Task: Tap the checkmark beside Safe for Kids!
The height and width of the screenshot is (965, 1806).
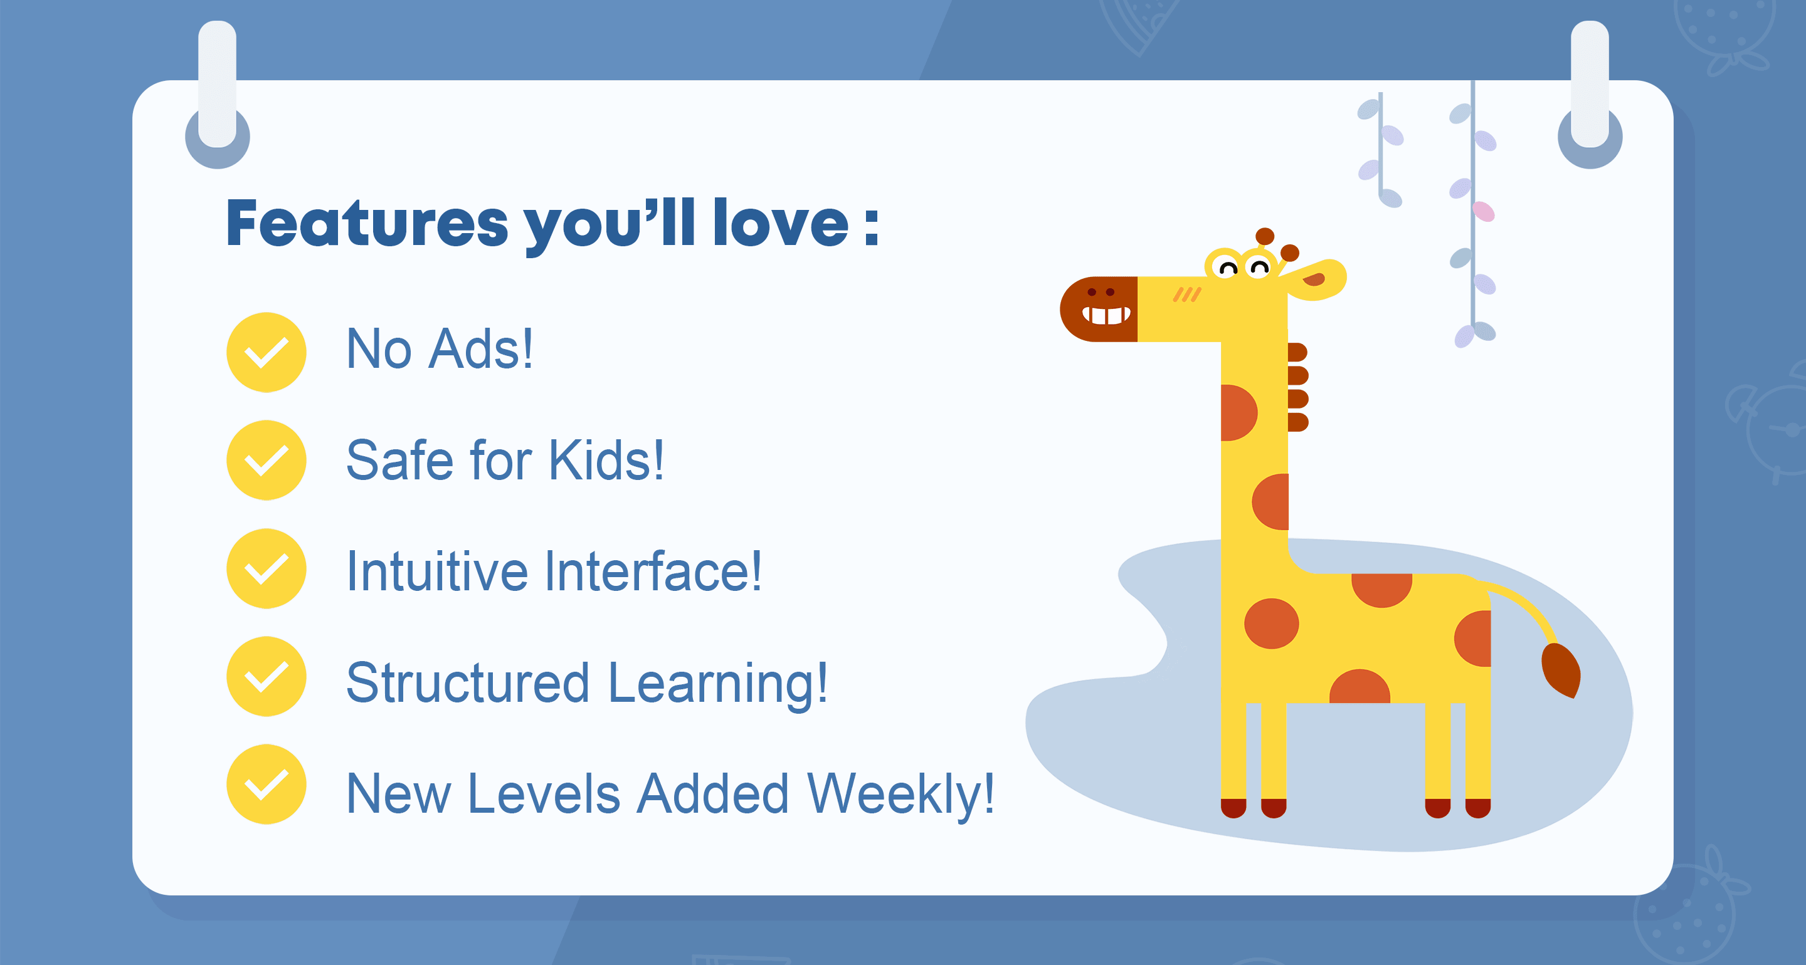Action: [267, 460]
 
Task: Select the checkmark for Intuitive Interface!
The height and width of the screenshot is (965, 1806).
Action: [267, 568]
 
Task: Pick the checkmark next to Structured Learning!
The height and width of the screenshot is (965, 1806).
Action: [267, 676]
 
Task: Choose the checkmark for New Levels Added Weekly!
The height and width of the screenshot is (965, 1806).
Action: [267, 784]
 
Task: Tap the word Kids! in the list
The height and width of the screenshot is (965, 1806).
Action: [606, 460]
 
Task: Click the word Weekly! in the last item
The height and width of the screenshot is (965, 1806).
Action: [901, 794]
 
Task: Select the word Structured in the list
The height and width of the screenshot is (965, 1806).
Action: [468, 682]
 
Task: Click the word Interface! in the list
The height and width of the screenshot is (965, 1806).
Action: [653, 571]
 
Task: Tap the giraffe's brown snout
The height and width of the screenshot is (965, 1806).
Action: [1099, 309]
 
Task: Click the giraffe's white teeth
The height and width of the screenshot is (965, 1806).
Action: [1106, 315]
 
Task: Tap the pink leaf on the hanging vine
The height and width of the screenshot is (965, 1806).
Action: [1484, 211]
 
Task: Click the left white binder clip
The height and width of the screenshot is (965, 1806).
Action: [218, 84]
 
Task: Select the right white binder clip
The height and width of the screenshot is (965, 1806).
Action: [1590, 84]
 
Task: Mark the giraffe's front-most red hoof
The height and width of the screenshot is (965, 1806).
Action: [1233, 808]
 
